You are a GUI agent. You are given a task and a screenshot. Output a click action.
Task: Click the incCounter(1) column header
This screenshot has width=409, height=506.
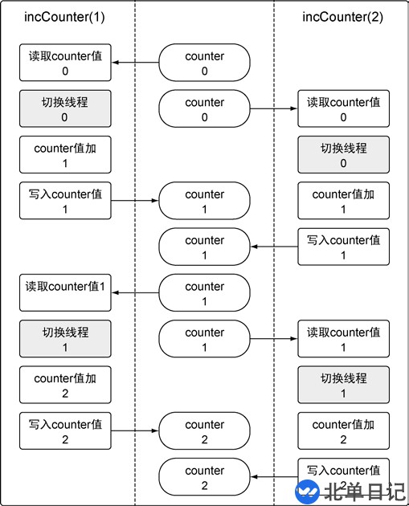[65, 17]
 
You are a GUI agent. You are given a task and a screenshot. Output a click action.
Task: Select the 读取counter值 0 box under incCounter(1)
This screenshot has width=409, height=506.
[65, 63]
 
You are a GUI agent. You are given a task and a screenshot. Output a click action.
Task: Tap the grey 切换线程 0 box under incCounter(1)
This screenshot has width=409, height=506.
[65, 109]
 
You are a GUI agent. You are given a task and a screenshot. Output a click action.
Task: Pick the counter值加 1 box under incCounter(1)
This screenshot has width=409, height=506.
[65, 155]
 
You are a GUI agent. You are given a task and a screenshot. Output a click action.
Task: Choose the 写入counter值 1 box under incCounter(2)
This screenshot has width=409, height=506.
[343, 247]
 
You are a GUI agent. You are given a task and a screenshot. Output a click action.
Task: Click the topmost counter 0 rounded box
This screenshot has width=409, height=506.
[205, 63]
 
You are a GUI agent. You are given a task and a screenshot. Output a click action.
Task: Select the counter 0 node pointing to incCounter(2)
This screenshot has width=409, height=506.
[205, 109]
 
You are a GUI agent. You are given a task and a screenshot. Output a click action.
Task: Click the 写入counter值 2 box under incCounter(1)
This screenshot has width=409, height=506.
[65, 431]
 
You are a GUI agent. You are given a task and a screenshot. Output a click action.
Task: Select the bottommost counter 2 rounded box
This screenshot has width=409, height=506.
[205, 478]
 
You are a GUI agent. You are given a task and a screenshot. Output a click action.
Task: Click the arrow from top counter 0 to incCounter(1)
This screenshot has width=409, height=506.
[135, 63]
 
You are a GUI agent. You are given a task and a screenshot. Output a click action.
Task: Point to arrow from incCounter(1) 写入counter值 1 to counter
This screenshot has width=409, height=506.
[135, 202]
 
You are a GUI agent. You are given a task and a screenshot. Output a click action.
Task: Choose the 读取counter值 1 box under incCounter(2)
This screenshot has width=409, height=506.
[343, 340]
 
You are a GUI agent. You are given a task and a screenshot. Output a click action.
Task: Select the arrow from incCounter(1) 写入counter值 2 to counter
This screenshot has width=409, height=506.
[135, 431]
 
